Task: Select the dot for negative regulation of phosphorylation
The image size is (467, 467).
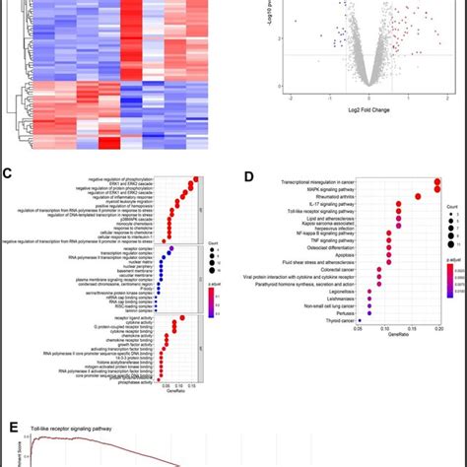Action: (197, 179)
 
